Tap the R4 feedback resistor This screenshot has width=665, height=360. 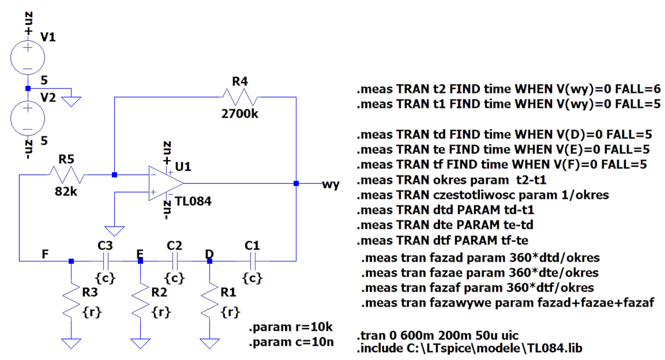237,97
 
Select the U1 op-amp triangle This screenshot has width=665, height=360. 165,183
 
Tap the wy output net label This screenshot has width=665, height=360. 330,184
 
